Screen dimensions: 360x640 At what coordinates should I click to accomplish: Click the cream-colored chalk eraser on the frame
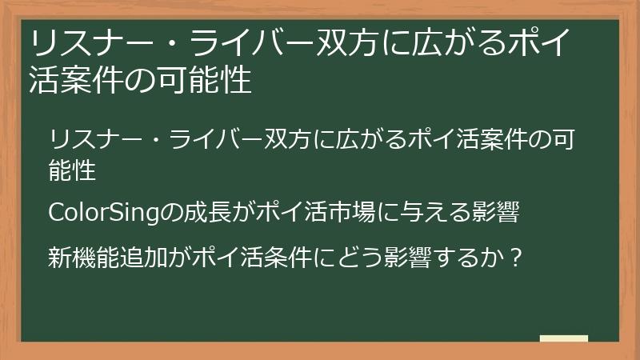click(563, 339)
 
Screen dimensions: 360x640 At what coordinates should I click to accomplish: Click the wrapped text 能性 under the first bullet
click(73, 170)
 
